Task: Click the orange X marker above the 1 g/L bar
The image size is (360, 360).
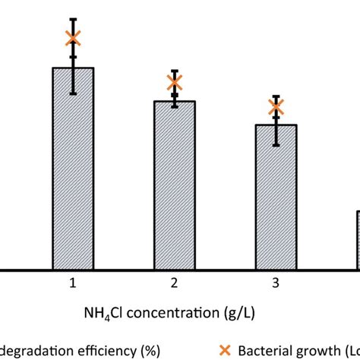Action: (73, 38)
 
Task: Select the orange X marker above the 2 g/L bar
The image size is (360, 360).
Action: (175, 82)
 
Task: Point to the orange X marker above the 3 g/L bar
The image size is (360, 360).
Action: (276, 107)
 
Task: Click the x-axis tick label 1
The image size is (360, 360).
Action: (73, 283)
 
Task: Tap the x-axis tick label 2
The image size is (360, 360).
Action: (175, 283)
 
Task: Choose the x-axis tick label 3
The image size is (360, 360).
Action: (276, 283)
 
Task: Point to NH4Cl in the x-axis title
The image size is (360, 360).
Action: (103, 312)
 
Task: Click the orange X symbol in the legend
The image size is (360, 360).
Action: (225, 350)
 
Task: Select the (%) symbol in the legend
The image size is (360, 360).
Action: (148, 350)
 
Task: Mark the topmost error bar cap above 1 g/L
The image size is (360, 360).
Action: (73, 19)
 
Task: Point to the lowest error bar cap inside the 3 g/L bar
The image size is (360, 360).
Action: (276, 145)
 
